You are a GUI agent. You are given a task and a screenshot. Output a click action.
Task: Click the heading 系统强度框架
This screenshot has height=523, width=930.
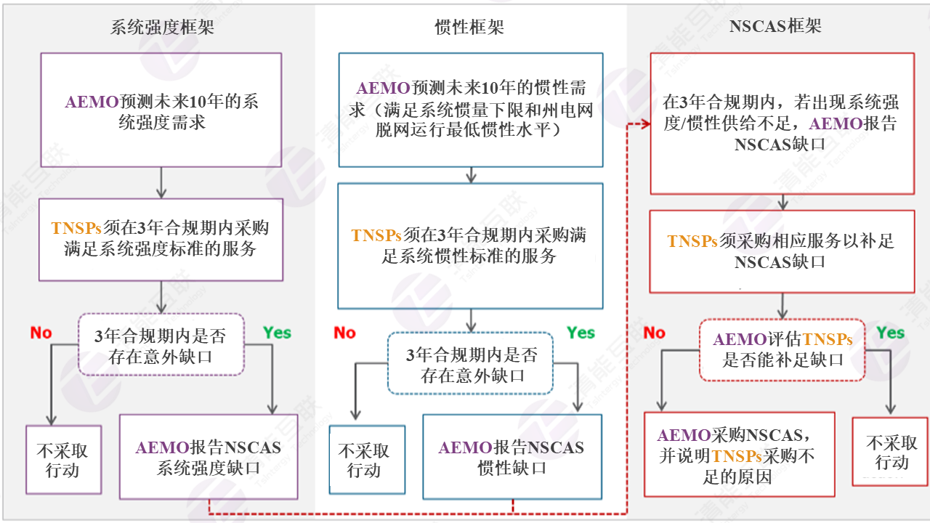point(162,28)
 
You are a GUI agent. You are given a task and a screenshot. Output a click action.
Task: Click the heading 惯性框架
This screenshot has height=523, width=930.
point(469,28)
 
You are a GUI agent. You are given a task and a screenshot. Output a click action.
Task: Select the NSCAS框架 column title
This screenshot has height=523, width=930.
point(775,27)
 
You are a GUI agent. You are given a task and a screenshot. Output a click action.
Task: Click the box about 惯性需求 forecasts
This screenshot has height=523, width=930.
point(470,110)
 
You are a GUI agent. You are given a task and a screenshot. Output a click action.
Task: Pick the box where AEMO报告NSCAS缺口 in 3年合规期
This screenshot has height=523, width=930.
point(781,123)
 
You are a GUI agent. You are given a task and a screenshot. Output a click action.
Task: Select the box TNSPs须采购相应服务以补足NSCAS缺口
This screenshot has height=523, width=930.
point(781,251)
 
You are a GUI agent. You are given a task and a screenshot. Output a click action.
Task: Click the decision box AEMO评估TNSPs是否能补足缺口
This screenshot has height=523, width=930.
point(783,349)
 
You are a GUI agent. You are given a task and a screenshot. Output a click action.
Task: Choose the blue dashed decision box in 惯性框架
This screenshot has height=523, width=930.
point(470,364)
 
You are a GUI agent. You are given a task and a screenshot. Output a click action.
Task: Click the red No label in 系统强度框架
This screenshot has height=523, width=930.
point(41,333)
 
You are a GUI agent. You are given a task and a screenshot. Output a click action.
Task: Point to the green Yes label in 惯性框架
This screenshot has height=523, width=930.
point(581,333)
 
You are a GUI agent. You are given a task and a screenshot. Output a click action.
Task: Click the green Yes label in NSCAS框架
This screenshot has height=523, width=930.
point(890,333)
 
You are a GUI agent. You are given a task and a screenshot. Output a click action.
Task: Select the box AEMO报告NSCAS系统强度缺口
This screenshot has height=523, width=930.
point(209,457)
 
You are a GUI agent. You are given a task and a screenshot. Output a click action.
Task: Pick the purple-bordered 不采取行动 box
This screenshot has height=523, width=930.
point(62,460)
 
